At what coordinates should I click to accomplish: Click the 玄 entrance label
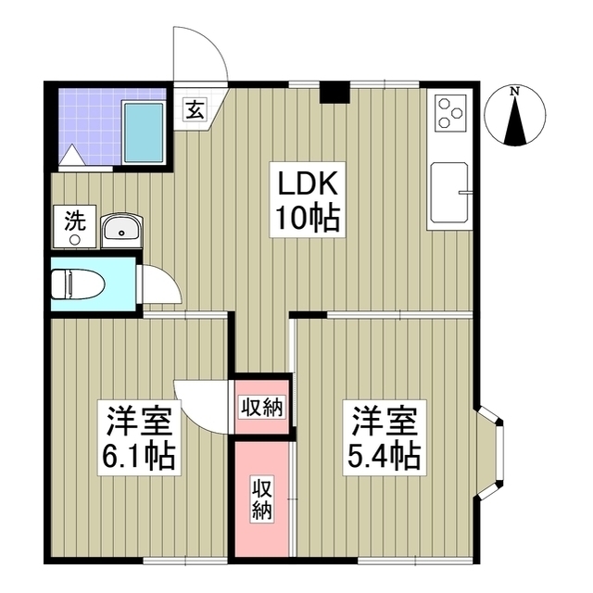pos(196,110)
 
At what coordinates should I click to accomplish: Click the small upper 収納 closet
pos(262,405)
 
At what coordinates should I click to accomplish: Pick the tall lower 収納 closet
pos(261,498)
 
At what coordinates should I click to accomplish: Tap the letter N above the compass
pos(514,90)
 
